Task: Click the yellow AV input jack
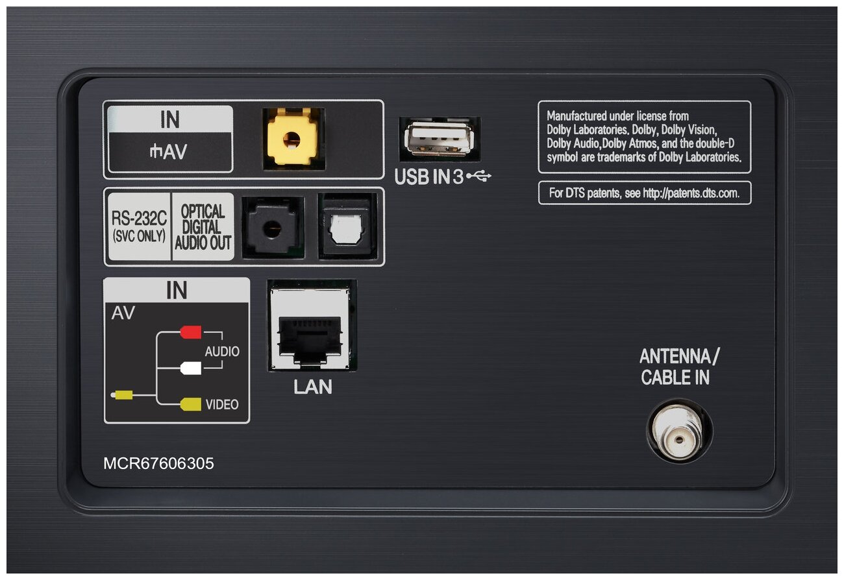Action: click(x=292, y=139)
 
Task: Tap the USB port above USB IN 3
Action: click(x=439, y=139)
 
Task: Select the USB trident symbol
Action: click(x=478, y=176)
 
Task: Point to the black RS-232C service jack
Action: click(x=272, y=228)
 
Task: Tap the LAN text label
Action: click(x=313, y=387)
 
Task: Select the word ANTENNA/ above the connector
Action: click(x=679, y=356)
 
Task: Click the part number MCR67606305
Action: click(x=158, y=464)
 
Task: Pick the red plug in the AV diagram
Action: click(x=191, y=332)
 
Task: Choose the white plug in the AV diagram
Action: click(x=191, y=368)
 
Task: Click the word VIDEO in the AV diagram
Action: click(x=222, y=404)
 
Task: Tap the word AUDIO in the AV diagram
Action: click(x=222, y=352)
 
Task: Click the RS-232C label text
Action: click(x=139, y=218)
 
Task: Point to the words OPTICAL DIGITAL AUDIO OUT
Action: click(x=203, y=227)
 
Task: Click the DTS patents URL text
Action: click(x=691, y=193)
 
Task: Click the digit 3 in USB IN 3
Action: click(x=458, y=176)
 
